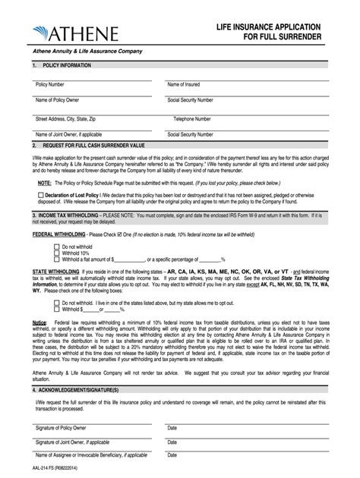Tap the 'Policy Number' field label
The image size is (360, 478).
49,84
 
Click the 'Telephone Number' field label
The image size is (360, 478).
192,118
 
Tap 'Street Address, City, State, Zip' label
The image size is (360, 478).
65,118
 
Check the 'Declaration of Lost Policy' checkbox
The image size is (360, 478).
39,195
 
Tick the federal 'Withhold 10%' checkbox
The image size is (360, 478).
56,253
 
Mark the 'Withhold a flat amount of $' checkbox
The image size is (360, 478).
56,259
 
